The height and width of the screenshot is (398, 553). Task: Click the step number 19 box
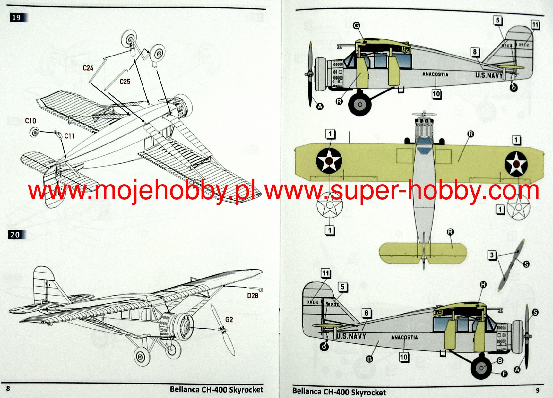pos(16,18)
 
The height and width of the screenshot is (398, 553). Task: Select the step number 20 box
pos(15,235)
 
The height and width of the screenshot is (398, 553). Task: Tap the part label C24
pos(88,68)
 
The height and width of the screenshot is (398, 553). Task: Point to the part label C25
pos(125,82)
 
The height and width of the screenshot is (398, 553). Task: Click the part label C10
pos(30,121)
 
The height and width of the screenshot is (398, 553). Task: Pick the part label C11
pos(69,136)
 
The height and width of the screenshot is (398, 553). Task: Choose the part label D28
pos(253,295)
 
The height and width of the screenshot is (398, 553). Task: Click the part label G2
pos(229,320)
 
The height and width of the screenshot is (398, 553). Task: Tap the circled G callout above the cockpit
pos(357,25)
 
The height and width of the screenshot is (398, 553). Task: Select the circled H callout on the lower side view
pos(483,284)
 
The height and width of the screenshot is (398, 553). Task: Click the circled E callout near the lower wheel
pos(504,374)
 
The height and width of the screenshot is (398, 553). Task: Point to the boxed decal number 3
pos(492,255)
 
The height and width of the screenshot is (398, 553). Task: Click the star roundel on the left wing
pos(329,160)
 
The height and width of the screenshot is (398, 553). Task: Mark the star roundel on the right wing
pos(516,164)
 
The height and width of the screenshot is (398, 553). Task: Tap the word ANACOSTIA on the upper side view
pos(435,74)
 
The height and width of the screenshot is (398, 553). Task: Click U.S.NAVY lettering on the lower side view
pos(351,336)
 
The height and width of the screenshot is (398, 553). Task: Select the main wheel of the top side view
pos(360,104)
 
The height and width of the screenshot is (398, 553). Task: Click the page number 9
pos(538,391)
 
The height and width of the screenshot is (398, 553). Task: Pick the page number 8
pos(8,389)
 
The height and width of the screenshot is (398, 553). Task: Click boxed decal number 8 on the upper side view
pos(475,52)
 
